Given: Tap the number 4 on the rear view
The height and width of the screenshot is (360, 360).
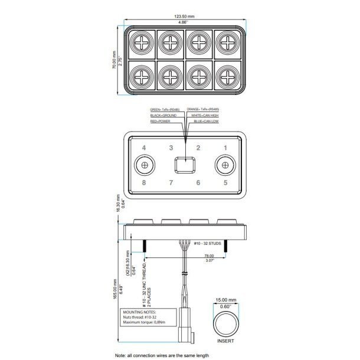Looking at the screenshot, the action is click(143, 148).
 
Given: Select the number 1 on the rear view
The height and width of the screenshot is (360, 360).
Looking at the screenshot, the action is click(225, 148).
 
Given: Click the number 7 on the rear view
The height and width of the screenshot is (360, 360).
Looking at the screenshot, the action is click(171, 182).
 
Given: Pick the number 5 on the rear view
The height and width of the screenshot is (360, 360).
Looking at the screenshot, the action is click(225, 182).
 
